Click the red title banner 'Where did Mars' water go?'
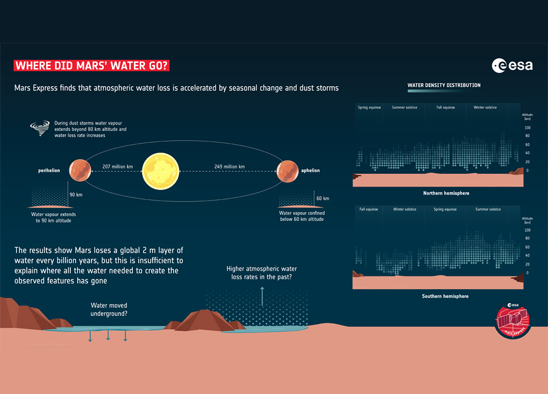pos(92,65)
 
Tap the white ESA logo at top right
pos(512,65)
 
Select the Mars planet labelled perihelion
pos(80,170)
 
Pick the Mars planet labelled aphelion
pos(287,171)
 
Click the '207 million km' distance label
pos(118,167)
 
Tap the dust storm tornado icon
pos(43,127)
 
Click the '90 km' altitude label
pos(76,195)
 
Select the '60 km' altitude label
pos(322,198)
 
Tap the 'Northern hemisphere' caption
pos(446,193)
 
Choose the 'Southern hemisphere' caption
pos(446,296)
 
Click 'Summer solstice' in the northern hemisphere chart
pos(407,107)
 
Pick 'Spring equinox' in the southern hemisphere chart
pos(446,209)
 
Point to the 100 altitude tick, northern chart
pos(527,127)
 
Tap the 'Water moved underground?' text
pos(109,309)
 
